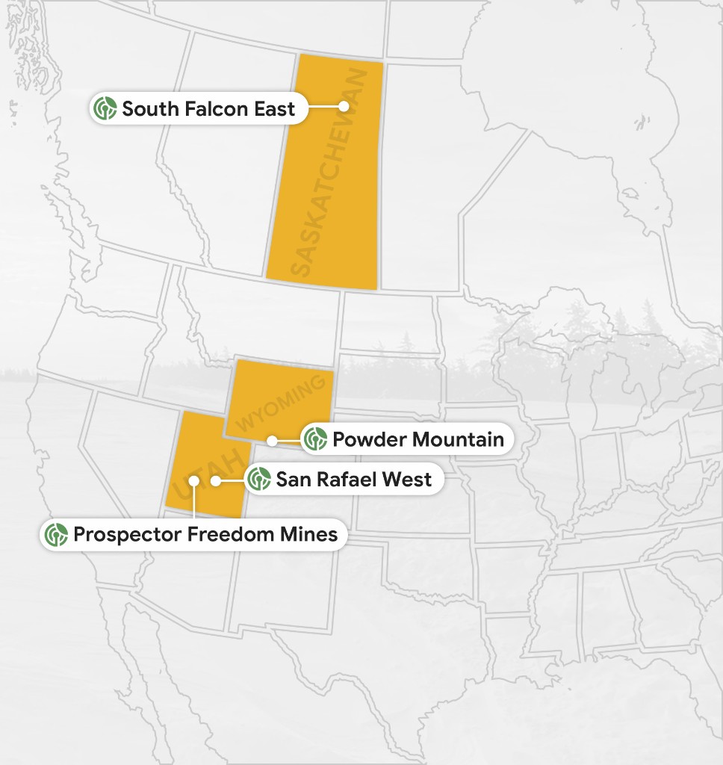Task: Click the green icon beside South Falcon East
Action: [x=105, y=109]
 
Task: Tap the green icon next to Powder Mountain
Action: [x=316, y=439]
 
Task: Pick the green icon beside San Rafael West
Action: [x=259, y=479]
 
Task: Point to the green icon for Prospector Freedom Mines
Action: [x=56, y=535]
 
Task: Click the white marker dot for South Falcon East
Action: [x=344, y=107]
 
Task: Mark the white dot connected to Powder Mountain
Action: [x=273, y=440]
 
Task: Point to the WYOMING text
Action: [x=282, y=403]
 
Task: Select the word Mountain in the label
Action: [x=458, y=439]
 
